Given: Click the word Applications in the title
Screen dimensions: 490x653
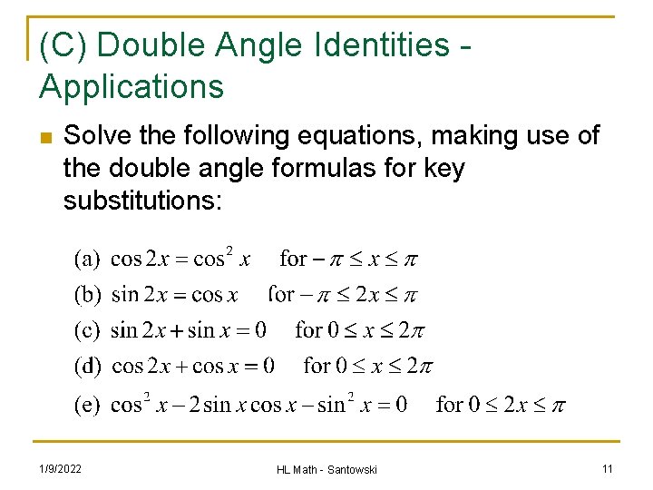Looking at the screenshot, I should (x=132, y=87).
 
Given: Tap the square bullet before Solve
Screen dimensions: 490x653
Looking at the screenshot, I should (x=45, y=139).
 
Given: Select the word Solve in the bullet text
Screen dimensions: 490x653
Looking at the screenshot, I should (x=94, y=136).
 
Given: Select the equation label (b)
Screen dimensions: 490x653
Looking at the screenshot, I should (x=87, y=295).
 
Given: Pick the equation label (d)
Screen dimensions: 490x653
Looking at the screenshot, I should (x=87, y=366).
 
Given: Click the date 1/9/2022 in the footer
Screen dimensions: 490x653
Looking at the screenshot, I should (x=61, y=468).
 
